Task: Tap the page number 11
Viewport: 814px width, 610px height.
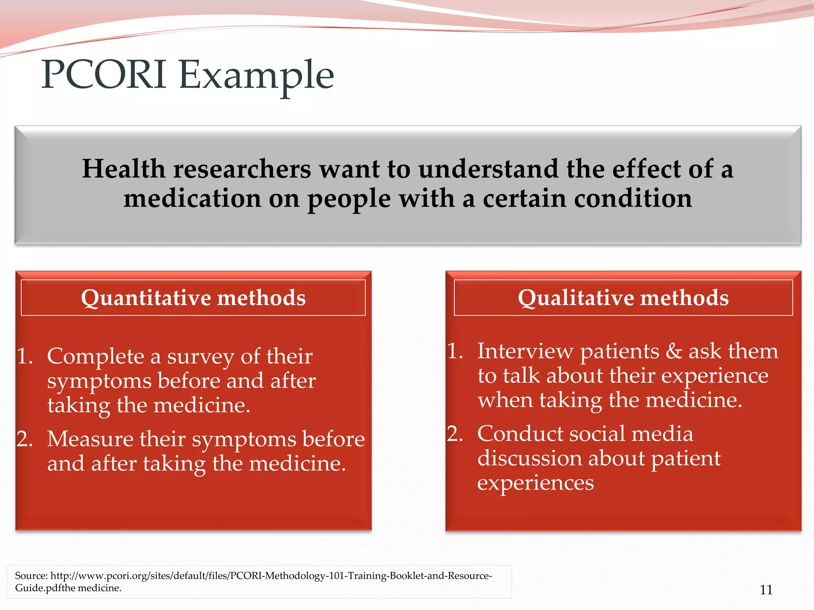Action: (766, 590)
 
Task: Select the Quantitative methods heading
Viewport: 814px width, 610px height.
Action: (193, 298)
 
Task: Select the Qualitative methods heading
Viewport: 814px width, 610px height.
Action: (623, 298)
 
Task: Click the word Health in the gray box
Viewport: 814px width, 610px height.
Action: (123, 169)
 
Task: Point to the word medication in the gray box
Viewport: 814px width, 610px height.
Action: (192, 199)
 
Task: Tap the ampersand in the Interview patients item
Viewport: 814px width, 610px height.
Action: (674, 351)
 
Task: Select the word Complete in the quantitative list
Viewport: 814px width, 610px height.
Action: (95, 356)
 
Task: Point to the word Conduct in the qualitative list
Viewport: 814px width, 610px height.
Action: (519, 434)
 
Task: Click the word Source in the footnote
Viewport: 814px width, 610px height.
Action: (31, 576)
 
